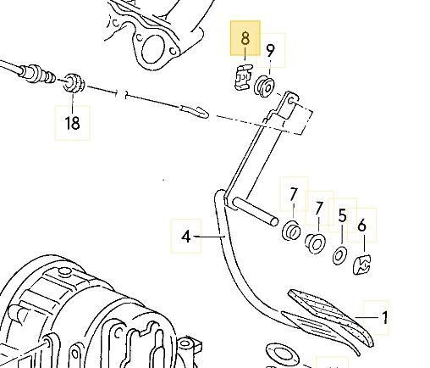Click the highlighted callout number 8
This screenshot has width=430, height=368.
(x=245, y=38)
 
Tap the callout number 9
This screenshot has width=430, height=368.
(x=270, y=50)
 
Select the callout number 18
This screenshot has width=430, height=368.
(x=72, y=123)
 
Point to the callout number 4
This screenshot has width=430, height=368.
(x=186, y=237)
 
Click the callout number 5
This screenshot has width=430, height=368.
(x=342, y=215)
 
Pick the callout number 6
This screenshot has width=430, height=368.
(x=361, y=226)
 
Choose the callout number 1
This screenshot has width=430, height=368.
(x=385, y=317)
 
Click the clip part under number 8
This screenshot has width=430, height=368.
(x=243, y=77)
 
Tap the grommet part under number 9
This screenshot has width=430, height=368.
(x=264, y=86)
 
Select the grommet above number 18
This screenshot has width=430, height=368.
(x=74, y=82)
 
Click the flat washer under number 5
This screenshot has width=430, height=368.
(x=340, y=255)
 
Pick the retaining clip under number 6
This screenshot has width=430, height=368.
(x=362, y=265)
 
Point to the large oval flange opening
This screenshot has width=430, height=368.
(x=153, y=49)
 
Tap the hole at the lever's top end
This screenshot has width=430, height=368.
(x=291, y=100)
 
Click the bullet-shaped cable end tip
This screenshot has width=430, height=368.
(x=195, y=112)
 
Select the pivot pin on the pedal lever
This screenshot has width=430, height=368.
(x=256, y=210)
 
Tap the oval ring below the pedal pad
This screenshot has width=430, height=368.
(x=282, y=354)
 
